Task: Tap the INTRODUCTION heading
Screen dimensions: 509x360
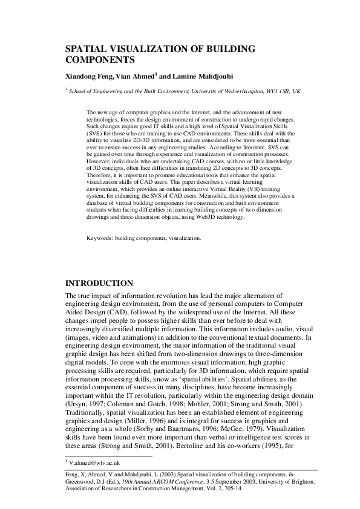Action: click(99, 283)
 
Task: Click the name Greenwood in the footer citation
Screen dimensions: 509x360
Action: click(82, 482)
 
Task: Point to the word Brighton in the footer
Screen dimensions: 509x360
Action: click(299, 482)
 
